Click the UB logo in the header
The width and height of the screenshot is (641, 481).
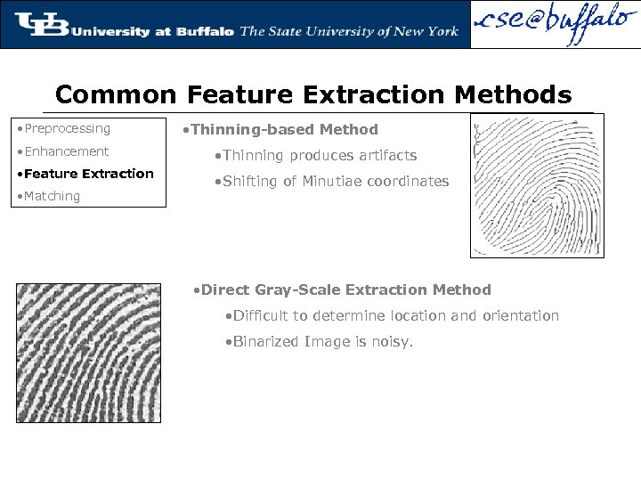[x=41, y=24]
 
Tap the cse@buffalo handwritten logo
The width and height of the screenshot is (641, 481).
[x=554, y=24]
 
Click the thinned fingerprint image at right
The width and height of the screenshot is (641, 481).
[x=536, y=185]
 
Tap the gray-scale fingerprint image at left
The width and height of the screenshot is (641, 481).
[x=88, y=353]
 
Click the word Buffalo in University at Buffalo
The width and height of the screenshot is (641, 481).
[x=205, y=31]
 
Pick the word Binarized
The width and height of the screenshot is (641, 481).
[x=266, y=342]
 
